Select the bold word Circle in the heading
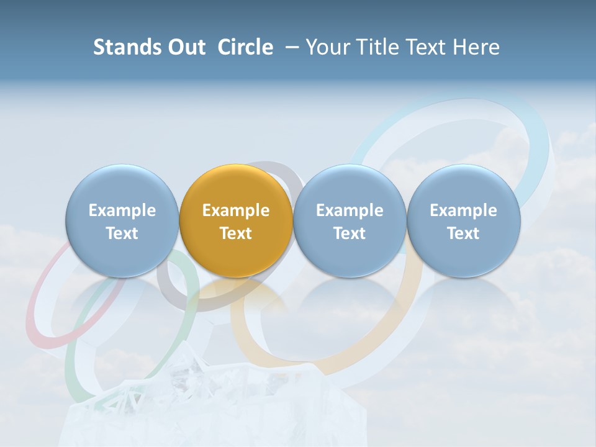pyautogui.click(x=245, y=47)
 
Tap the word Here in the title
pyautogui.click(x=477, y=47)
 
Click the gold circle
pyautogui.click(x=235, y=221)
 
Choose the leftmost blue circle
pyautogui.click(x=122, y=221)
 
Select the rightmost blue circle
pyautogui.click(x=463, y=221)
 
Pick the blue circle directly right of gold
pyautogui.click(x=350, y=221)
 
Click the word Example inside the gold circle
pyautogui.click(x=235, y=210)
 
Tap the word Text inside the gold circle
pyautogui.click(x=235, y=233)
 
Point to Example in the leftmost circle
pyautogui.click(x=122, y=210)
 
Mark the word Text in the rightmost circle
pyautogui.click(x=463, y=233)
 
